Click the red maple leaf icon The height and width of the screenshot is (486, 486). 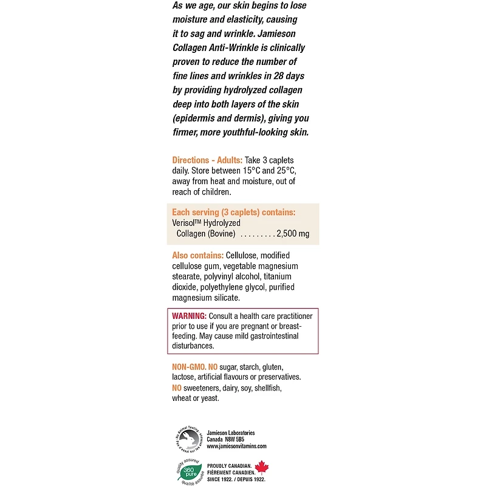tap(262, 467)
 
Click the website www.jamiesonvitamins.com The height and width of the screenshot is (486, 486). tap(236, 446)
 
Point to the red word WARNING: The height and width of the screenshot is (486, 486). tap(190, 317)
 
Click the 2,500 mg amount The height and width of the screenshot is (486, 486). tap(293, 234)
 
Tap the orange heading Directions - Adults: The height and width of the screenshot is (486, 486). tap(207, 160)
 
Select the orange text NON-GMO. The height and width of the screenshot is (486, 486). tap(189, 367)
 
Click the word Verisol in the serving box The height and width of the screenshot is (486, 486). tap(185, 223)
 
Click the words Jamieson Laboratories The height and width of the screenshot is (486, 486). tap(231, 433)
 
